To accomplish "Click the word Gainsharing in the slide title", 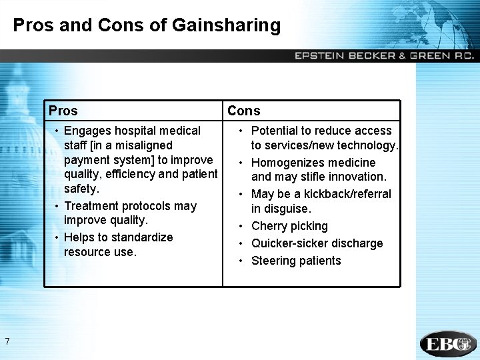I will pyautogui.click(x=226, y=26).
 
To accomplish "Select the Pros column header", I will pyautogui.click(x=63, y=111).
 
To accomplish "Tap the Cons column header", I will pyautogui.click(x=244, y=111).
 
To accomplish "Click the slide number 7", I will pyautogui.click(x=7, y=342).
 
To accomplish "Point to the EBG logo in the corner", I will pyautogui.click(x=448, y=344).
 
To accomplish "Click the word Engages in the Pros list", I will pyautogui.click(x=88, y=131).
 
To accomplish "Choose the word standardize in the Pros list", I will pyautogui.click(x=142, y=237).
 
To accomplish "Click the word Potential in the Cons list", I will pyautogui.click(x=275, y=131).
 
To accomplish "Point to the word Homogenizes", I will pyautogui.click(x=285, y=163).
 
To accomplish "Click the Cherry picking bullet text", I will pyautogui.click(x=289, y=226).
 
